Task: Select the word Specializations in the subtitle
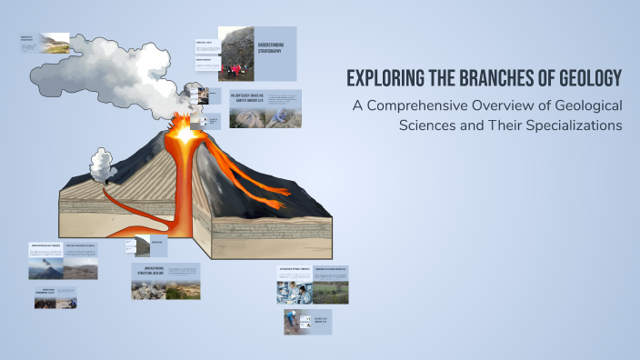tap(565, 125)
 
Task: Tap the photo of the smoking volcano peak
tap(44, 268)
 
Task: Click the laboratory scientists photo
tap(294, 292)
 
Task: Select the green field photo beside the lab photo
tap(328, 292)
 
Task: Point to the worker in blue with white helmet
tap(292, 321)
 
